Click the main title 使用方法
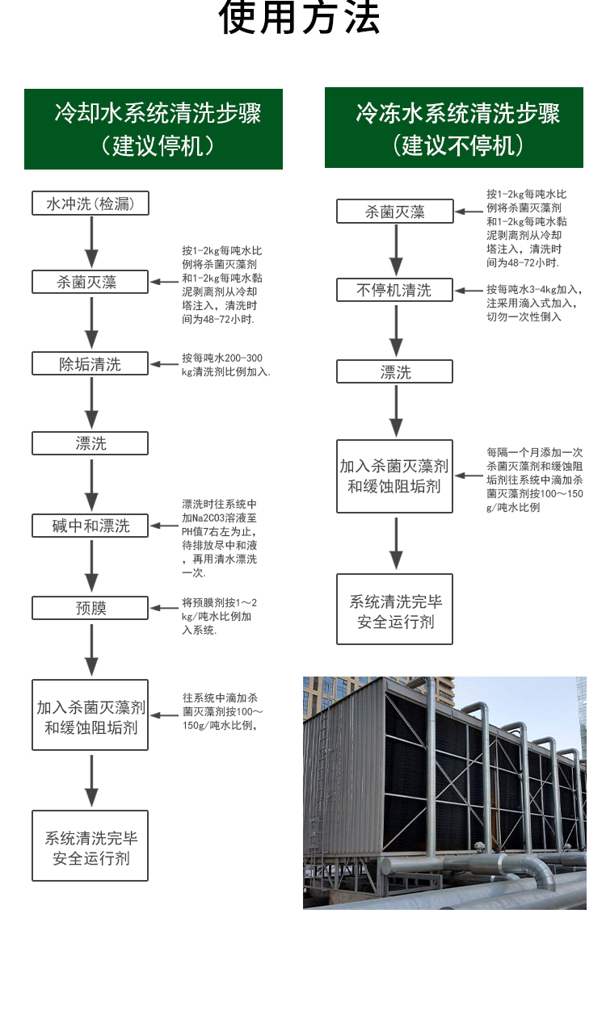[x=300, y=19]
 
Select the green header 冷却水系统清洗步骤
[x=154, y=129]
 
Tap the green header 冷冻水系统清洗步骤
[x=454, y=129]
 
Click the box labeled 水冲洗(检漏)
[x=90, y=203]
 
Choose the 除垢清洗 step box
[x=90, y=364]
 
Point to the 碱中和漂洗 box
[x=90, y=526]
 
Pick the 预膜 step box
[x=90, y=608]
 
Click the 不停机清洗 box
[x=394, y=290]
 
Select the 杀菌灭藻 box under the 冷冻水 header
[x=394, y=212]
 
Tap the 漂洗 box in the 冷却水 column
[x=90, y=443]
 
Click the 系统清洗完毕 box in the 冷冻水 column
[x=394, y=610]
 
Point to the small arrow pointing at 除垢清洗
[x=164, y=364]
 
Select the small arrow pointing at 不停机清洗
[x=467, y=290]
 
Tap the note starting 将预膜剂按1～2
[x=220, y=615]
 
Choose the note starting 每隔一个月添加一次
[x=534, y=480]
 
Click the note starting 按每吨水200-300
[x=225, y=365]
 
